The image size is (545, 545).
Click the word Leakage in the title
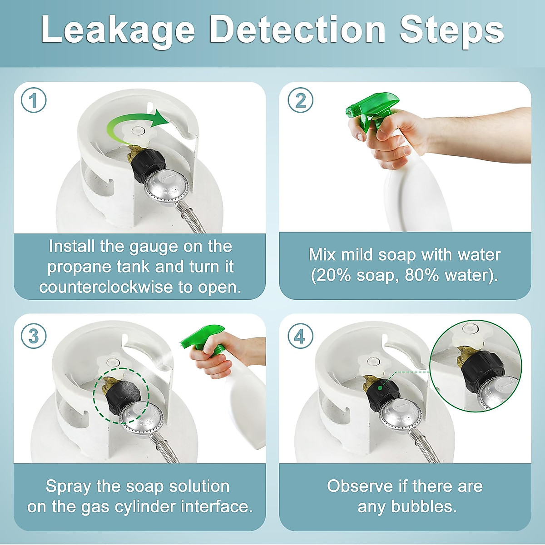tap(118, 31)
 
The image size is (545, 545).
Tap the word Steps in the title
tap(451, 31)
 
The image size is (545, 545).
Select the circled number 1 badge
tap(34, 100)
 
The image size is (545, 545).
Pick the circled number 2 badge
tap(300, 100)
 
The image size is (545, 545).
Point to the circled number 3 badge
tap(34, 336)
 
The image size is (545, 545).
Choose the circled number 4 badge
tap(300, 336)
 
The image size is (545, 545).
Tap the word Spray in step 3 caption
tap(68, 487)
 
